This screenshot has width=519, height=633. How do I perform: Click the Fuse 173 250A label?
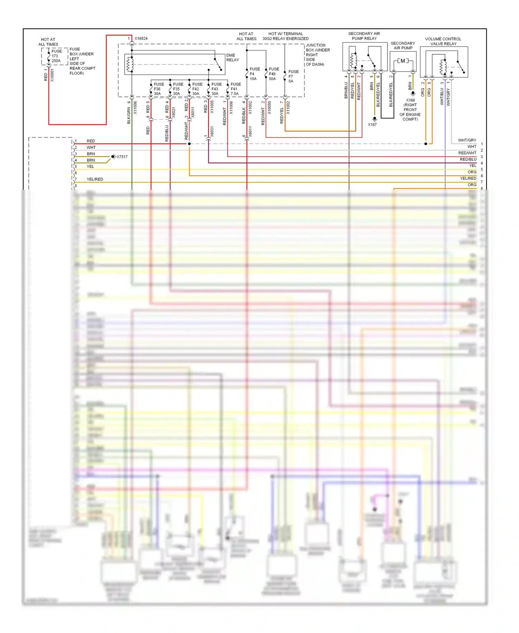click(x=56, y=56)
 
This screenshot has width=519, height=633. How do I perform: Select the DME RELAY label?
click(x=232, y=57)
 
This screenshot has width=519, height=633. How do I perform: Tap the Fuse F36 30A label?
click(x=158, y=89)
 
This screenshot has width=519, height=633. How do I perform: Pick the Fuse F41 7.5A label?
click(x=235, y=89)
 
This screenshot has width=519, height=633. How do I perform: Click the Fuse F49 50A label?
click(x=273, y=74)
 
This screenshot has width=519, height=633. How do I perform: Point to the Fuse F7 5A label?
click(x=293, y=76)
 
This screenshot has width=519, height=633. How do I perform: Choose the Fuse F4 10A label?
click(x=254, y=74)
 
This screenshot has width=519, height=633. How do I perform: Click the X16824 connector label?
click(x=141, y=38)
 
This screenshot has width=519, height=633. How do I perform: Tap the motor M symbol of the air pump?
click(x=403, y=61)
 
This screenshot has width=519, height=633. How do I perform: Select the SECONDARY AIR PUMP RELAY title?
click(x=364, y=36)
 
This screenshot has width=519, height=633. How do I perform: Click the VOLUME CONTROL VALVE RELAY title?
click(x=443, y=41)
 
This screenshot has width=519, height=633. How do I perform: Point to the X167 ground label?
click(x=372, y=125)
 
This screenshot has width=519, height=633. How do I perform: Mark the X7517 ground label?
click(x=122, y=157)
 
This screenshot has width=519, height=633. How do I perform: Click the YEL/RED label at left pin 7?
click(x=95, y=179)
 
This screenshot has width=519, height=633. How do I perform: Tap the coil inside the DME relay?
click(x=130, y=64)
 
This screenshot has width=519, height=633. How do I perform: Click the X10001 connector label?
click(x=52, y=75)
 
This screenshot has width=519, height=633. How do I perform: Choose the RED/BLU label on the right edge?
click(x=468, y=159)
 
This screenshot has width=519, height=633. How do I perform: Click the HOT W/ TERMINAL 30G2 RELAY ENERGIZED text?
click(x=285, y=36)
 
